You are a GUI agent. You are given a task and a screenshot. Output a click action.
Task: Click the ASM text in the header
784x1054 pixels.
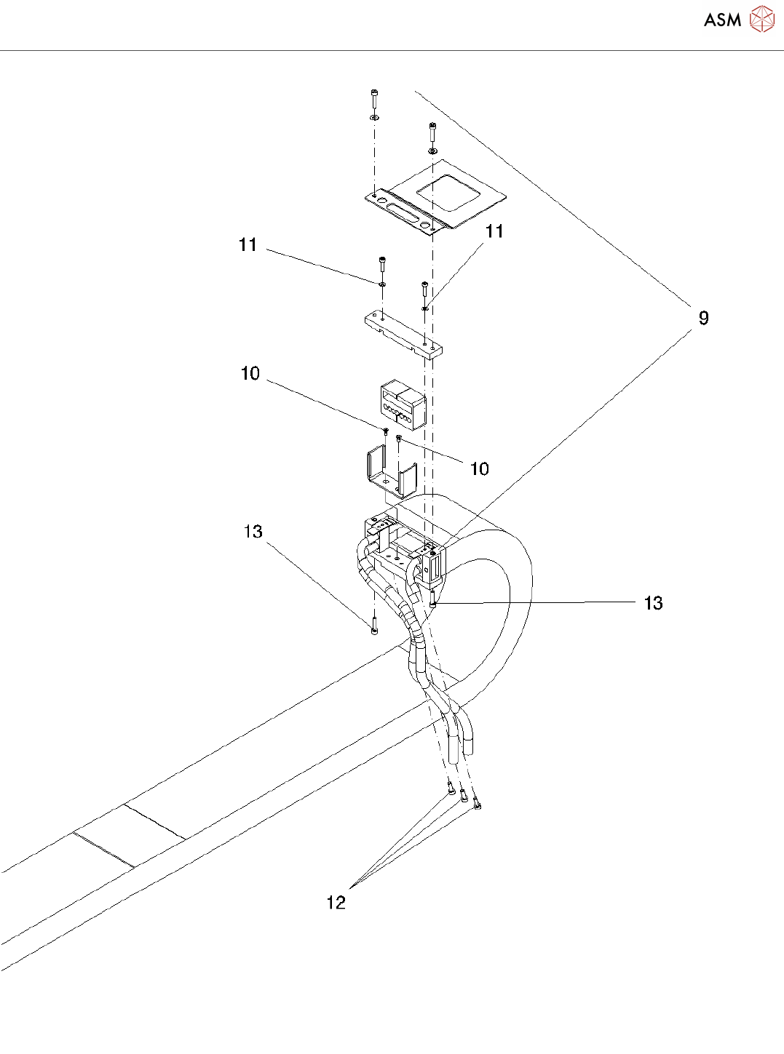tap(722, 20)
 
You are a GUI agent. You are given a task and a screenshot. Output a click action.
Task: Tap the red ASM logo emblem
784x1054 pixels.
tap(761, 20)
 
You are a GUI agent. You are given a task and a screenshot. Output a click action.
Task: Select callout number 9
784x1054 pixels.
tap(703, 319)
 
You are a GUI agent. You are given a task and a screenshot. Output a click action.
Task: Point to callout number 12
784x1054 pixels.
tap(336, 903)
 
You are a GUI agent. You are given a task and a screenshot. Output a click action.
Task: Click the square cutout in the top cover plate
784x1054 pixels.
tap(447, 193)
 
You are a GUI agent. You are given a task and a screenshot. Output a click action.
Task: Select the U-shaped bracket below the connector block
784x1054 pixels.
tap(389, 473)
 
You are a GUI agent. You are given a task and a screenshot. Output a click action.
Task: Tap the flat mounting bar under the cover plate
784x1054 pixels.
tap(403, 334)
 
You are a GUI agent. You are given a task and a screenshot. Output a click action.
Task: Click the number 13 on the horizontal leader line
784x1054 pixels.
tap(653, 603)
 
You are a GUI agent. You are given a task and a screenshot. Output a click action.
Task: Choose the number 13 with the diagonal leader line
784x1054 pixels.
tap(253, 532)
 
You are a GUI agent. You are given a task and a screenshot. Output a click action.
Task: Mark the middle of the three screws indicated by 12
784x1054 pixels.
tap(464, 799)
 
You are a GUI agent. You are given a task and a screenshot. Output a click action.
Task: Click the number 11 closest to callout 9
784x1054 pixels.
tap(494, 231)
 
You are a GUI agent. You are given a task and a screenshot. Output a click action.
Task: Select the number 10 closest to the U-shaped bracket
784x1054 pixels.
tap(479, 469)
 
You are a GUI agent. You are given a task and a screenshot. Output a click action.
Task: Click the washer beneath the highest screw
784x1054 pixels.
tap(374, 117)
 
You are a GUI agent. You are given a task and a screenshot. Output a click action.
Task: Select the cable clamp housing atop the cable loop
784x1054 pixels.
tap(404, 549)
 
